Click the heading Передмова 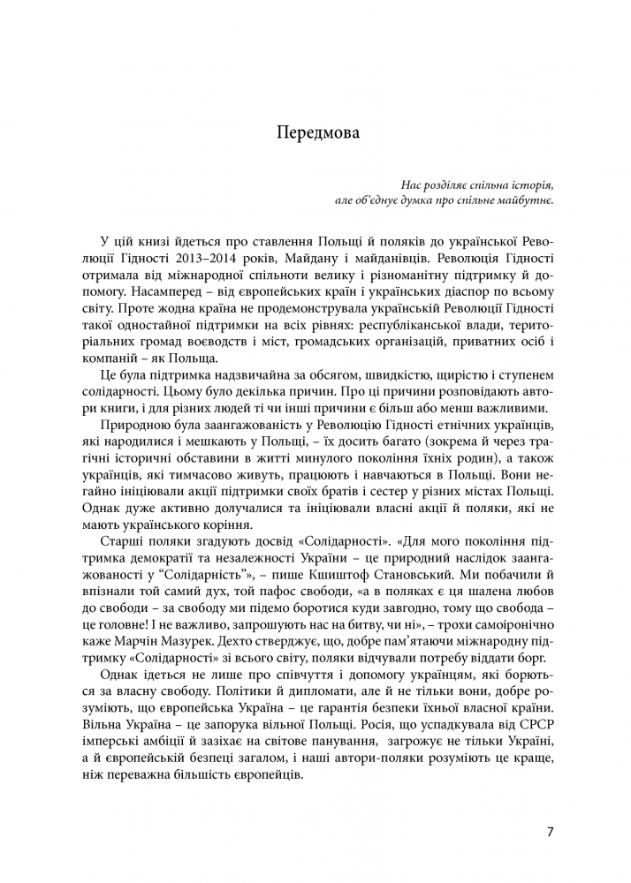[x=315, y=134]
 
